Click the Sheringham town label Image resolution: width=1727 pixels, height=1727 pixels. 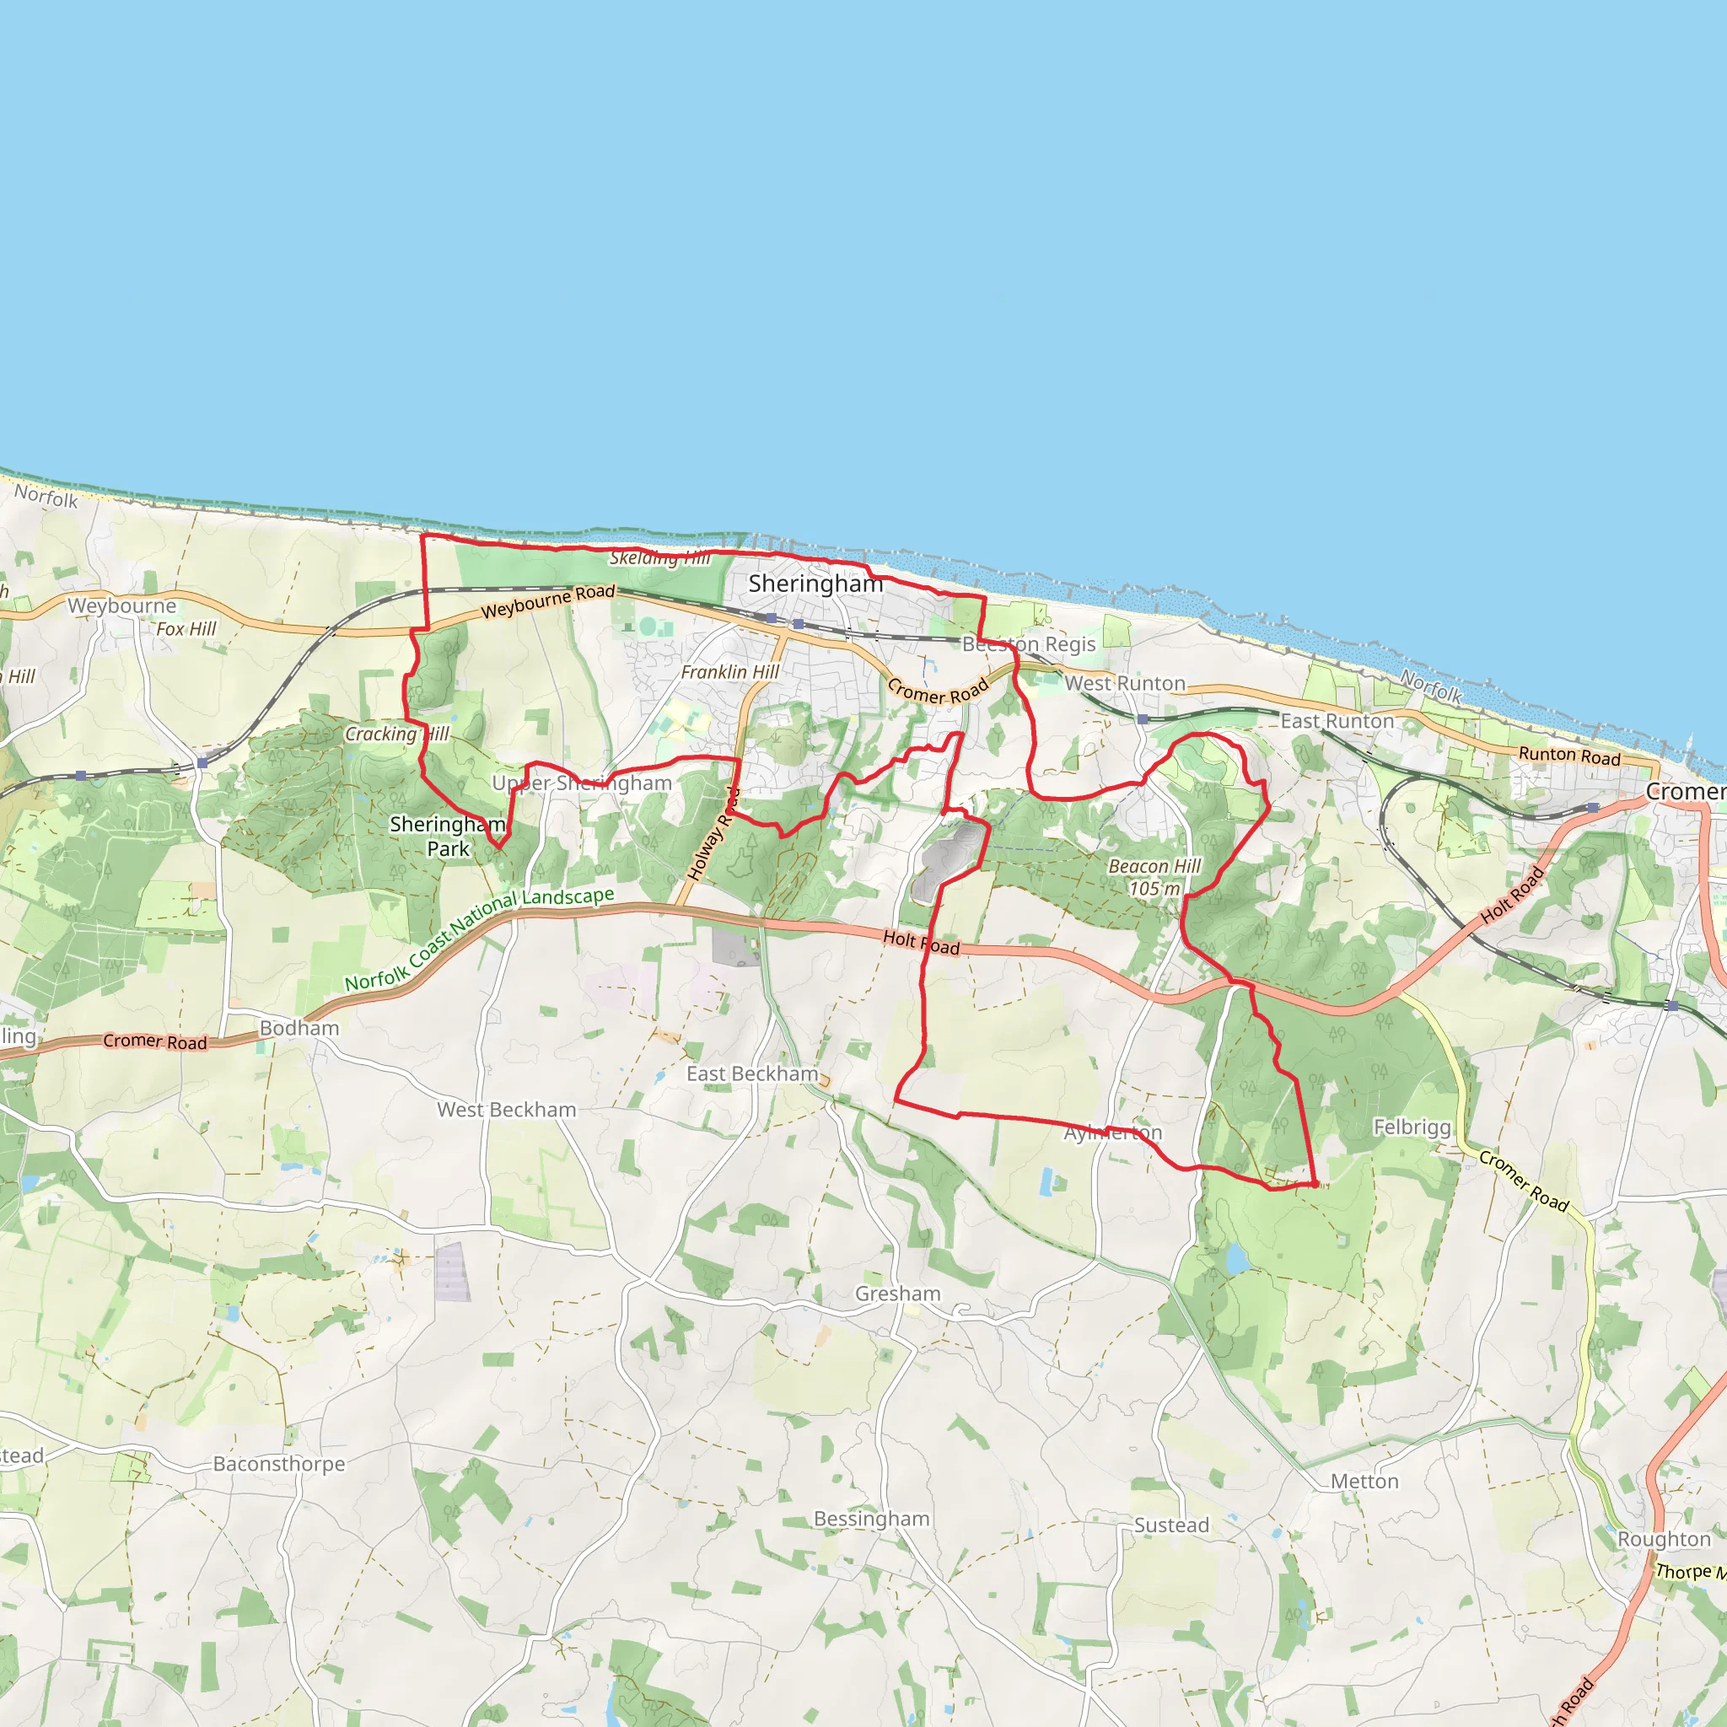[x=815, y=584]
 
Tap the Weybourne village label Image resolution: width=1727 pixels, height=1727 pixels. [x=121, y=605]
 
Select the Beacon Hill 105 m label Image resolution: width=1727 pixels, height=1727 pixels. [x=1154, y=877]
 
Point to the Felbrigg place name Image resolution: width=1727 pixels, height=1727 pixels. [x=1412, y=1127]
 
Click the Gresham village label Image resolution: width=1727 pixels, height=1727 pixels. [x=897, y=1294]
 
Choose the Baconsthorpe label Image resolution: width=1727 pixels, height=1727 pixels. [x=279, y=1463]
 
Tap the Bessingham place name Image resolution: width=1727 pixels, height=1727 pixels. [x=872, y=1519]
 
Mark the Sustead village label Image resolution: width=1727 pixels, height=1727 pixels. [x=1171, y=1525]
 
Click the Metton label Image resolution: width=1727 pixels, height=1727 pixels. [x=1364, y=1481]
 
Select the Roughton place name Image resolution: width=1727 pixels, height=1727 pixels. [x=1664, y=1539]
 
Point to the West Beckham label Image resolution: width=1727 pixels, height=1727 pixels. [x=506, y=1110]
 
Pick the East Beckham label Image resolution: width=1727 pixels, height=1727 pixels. [x=751, y=1073]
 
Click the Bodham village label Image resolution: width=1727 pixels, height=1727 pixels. [x=299, y=1028]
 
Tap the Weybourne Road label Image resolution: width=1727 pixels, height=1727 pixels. [x=548, y=601]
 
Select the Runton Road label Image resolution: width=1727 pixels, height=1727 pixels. [x=1568, y=756]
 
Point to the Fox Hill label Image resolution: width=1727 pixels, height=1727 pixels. [x=186, y=628]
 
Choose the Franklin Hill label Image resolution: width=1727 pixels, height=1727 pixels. [x=729, y=671]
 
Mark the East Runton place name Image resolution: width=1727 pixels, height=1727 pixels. [x=1337, y=720]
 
